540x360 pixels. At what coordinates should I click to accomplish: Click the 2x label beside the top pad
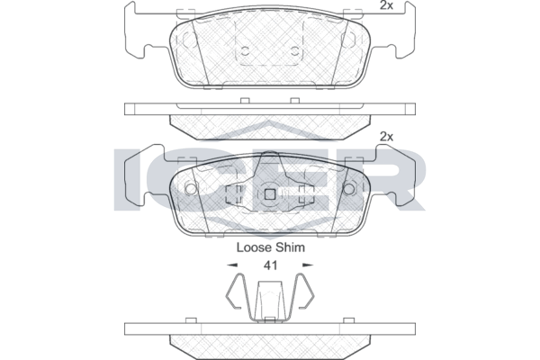(x=386, y=5)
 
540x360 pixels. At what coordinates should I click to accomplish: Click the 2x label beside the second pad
(x=386, y=137)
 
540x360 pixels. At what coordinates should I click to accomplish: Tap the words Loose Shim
(x=270, y=247)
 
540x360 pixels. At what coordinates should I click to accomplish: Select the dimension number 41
(x=270, y=265)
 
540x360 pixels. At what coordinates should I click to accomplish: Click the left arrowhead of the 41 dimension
(x=232, y=265)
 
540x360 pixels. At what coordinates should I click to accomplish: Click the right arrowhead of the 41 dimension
(x=308, y=265)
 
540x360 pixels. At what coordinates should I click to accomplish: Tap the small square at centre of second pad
(x=270, y=195)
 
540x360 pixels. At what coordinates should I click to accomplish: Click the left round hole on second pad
(x=191, y=188)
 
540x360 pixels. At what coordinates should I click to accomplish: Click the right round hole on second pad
(x=349, y=188)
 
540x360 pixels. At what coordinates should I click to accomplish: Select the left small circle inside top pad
(x=245, y=51)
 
